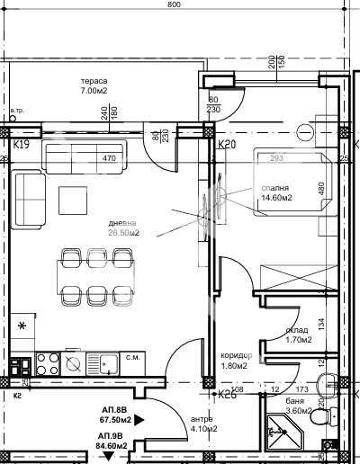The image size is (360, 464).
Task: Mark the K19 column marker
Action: [x=22, y=144]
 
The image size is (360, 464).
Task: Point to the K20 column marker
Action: [x=227, y=144]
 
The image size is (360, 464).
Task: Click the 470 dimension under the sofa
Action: [x=110, y=158]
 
